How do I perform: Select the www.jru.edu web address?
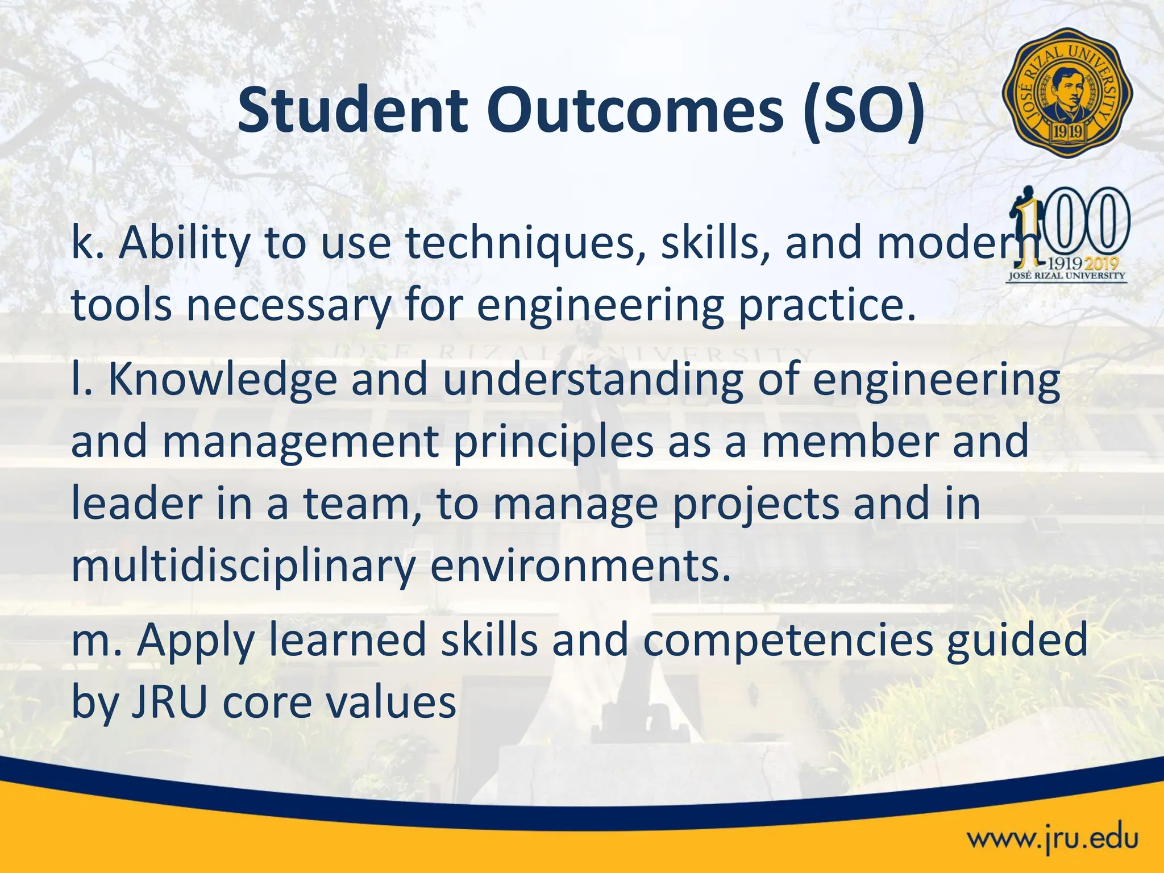(x=1053, y=838)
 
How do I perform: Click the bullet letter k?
(x=82, y=243)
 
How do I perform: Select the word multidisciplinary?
(x=243, y=567)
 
